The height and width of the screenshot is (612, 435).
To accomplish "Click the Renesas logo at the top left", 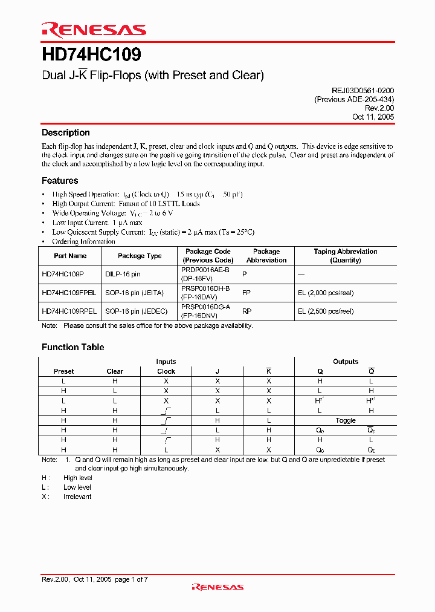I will pos(94,30).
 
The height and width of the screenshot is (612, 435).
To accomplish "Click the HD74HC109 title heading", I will pos(91,55).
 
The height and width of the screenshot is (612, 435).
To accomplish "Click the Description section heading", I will pos(65,132).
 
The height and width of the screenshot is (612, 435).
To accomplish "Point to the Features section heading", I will pos(60,180).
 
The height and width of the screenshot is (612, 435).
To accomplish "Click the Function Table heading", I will pos(72,347).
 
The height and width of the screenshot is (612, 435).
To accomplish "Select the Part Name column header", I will pos(70,256).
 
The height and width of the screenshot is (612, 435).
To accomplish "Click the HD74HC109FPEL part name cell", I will pos(69,293).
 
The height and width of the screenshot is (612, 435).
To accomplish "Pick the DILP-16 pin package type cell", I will pos(123,274).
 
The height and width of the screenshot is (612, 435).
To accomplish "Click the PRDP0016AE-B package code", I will pos(205,270).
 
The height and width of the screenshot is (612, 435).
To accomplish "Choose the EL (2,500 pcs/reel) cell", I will pos(325,311).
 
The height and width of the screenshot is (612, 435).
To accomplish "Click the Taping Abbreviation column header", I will pos(345,256).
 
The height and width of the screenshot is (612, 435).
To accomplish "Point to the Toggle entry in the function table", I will pos(346,420).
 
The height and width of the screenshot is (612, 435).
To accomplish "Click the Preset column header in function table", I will pos(63,371).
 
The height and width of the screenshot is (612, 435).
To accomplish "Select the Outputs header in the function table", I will pos(346,362).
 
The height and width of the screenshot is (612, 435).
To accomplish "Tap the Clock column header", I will pos(166,371).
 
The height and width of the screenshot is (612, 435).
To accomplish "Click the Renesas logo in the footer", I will pos(217,587).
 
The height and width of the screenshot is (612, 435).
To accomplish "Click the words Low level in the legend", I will pos(77,487).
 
